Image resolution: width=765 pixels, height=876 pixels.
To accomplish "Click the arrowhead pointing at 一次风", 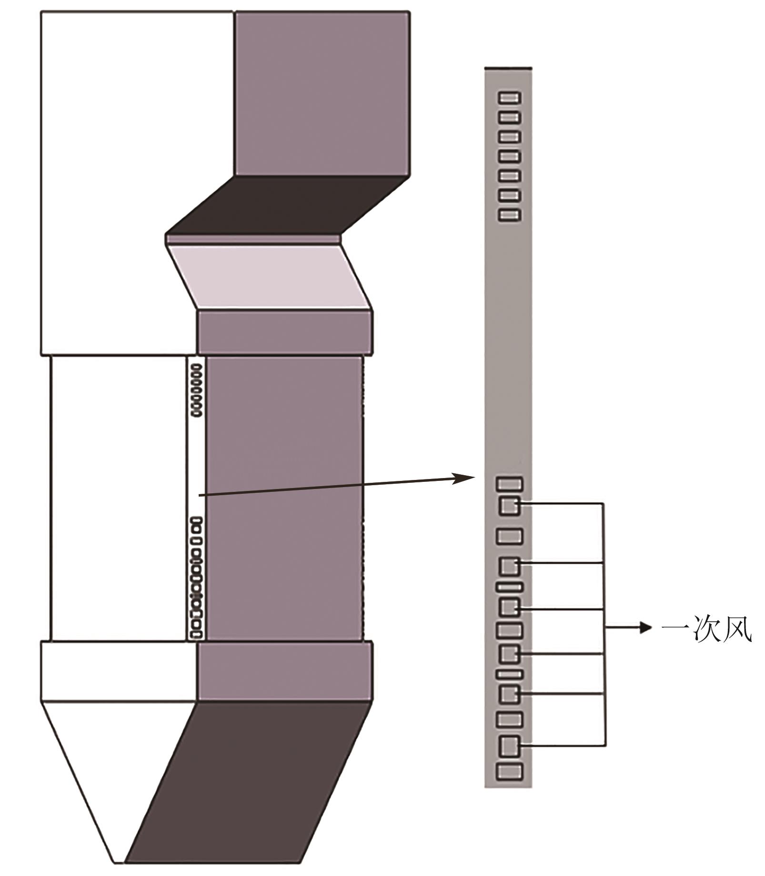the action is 646,628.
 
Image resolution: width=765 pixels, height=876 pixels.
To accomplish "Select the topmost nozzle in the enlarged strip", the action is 509,98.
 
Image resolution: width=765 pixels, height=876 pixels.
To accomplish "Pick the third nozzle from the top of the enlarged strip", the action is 509,137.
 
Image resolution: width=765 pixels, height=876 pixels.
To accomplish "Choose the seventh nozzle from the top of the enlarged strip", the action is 509,215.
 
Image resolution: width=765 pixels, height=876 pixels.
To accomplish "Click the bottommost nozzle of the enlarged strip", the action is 509,772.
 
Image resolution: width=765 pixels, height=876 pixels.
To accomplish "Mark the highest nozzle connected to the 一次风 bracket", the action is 509,505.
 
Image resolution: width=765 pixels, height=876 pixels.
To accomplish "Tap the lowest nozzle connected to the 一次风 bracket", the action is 509,746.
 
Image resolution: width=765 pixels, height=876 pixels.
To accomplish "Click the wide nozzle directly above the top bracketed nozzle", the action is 509,484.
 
